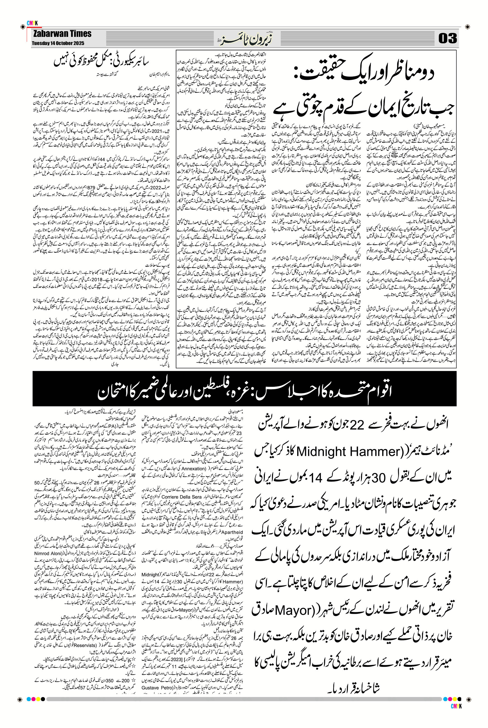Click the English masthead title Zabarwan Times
click(x=62, y=34)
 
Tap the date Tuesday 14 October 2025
click(x=58, y=43)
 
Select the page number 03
click(x=447, y=38)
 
